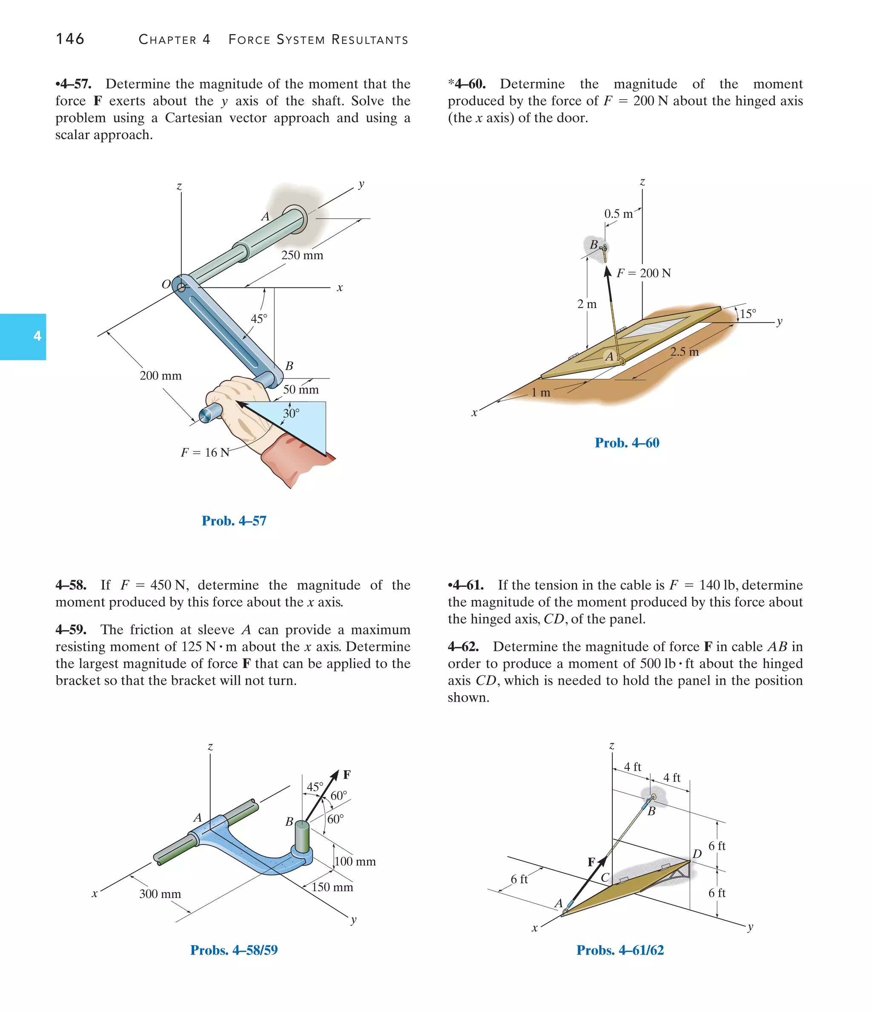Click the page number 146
(70, 39)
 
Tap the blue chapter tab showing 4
(23, 336)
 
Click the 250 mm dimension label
(302, 255)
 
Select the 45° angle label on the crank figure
(259, 319)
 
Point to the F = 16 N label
(205, 453)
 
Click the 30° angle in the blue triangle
(291, 414)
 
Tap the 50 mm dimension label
(301, 390)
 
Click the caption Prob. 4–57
(234, 521)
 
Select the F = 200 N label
(643, 273)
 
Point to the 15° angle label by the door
(748, 314)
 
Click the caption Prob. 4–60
(627, 443)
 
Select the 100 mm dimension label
(355, 861)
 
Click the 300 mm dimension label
(160, 894)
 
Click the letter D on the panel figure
(697, 854)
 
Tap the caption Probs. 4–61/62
(620, 950)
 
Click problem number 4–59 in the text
(71, 630)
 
